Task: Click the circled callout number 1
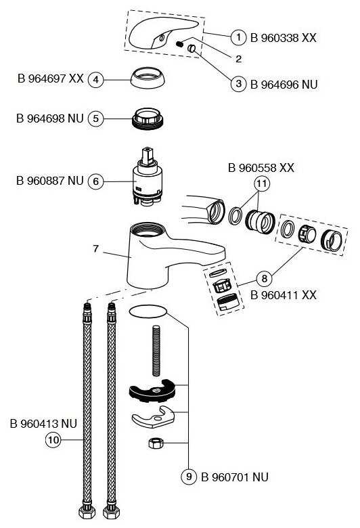tap(238, 37)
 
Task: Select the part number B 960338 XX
tap(284, 37)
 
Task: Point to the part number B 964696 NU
tap(284, 85)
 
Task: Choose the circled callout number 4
tap(96, 79)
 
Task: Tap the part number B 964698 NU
tap(50, 118)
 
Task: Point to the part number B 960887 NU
tap(50, 181)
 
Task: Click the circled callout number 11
tap(261, 183)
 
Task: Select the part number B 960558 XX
tap(261, 167)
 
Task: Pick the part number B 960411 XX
tap(284, 295)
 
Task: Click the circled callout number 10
tap(53, 440)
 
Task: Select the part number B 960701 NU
tap(234, 477)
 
